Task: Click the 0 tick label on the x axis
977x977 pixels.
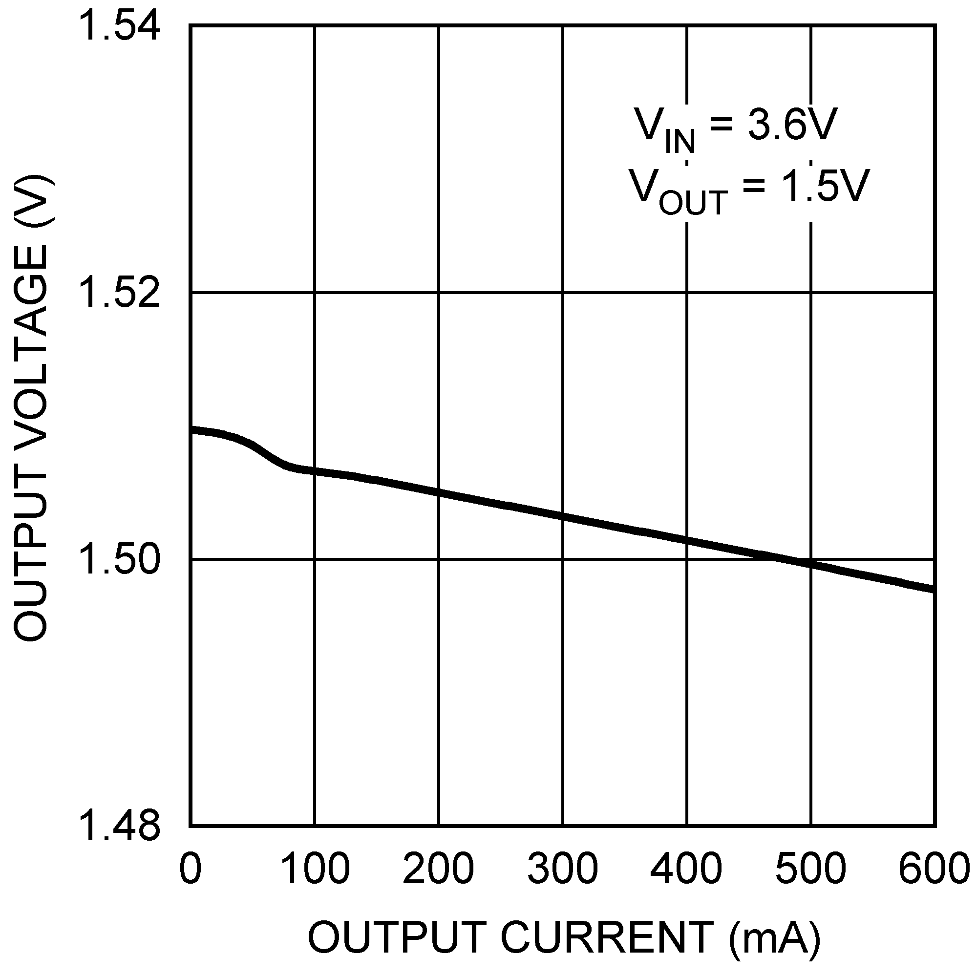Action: point(190,869)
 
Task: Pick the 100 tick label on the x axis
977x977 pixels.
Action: point(315,869)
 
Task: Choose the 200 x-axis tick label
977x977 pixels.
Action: point(439,869)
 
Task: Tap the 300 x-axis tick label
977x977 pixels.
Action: point(563,869)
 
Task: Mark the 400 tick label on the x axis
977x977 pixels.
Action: point(687,869)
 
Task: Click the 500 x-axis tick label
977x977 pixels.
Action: point(810,869)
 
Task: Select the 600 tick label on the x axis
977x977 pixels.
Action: point(934,869)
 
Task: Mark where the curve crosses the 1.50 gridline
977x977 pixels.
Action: point(779,559)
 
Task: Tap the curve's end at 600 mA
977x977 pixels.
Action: point(934,589)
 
